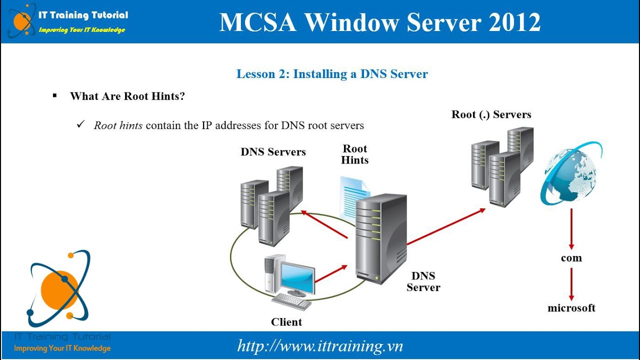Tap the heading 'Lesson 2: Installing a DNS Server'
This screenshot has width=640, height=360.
(332, 74)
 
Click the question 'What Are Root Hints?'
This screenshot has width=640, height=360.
(127, 96)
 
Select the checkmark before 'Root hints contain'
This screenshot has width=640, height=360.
(81, 124)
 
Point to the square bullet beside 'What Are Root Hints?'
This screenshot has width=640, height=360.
(55, 95)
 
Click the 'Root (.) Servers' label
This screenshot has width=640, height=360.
(491, 114)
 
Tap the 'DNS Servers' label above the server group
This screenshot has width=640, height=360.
(273, 151)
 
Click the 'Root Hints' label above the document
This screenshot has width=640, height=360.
(355, 154)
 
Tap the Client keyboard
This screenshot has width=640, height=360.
(291, 301)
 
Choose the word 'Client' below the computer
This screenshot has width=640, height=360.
(286, 322)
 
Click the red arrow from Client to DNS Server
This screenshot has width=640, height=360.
(331, 273)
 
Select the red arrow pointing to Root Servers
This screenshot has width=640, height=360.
(446, 226)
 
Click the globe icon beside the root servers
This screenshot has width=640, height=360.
(571, 174)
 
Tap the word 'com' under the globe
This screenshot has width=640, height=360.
(571, 258)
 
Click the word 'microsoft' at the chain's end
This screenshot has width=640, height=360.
(571, 308)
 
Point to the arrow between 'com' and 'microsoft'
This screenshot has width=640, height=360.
(571, 284)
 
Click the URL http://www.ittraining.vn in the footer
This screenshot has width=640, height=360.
(320, 346)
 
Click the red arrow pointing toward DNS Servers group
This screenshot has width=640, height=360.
(324, 224)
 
